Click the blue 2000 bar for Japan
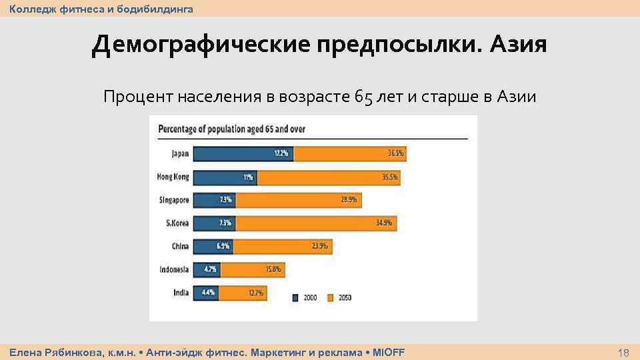[243, 154]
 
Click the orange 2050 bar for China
[282, 246]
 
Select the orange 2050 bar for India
[243, 292]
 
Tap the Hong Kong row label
[173, 177]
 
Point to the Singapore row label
[175, 200]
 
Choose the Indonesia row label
[174, 269]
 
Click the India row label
[181, 292]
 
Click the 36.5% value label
[396, 154]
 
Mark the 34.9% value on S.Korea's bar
[384, 223]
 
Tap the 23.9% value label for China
[320, 246]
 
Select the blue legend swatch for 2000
[296, 298]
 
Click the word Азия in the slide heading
[517, 45]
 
